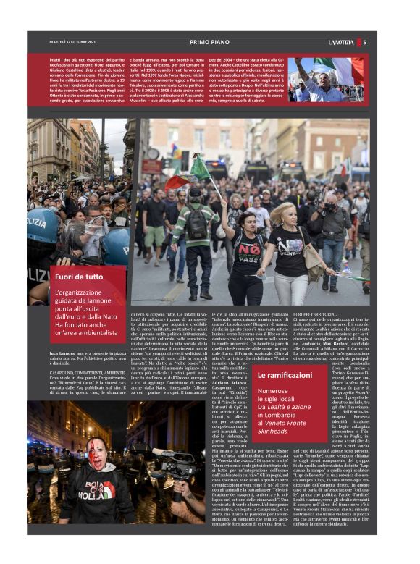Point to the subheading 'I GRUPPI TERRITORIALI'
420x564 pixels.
[316, 312]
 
